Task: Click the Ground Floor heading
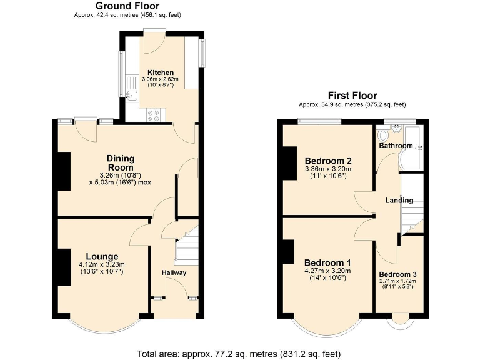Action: pos(126,6)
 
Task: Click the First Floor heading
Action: pos(352,96)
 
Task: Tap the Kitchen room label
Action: pos(160,72)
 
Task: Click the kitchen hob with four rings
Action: pos(154,114)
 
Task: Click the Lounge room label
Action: pos(102,256)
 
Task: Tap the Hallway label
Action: pos(174,272)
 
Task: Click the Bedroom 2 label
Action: pos(327,159)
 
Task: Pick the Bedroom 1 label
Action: pos(327,262)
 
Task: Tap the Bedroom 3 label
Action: pos(398,274)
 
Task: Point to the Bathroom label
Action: pos(396,146)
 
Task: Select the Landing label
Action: pos(399,201)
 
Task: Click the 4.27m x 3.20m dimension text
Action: pos(327,271)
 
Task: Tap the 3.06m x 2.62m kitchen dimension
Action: pos(160,79)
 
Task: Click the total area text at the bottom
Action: pos(239,354)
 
